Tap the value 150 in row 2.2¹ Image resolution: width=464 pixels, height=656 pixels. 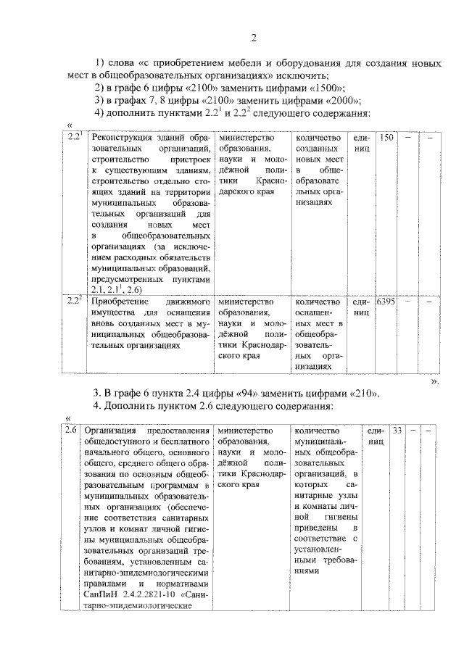388,138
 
